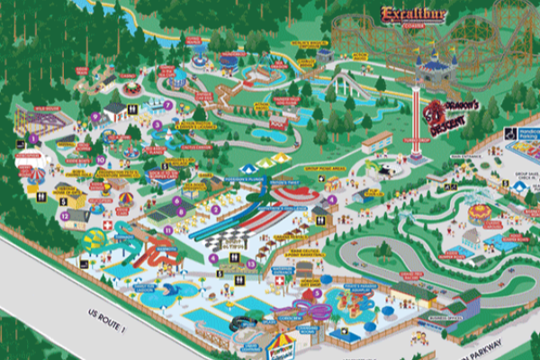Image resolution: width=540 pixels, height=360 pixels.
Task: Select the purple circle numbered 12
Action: click(x=64, y=216)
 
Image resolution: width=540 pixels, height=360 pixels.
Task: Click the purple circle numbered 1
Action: click(x=34, y=138)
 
